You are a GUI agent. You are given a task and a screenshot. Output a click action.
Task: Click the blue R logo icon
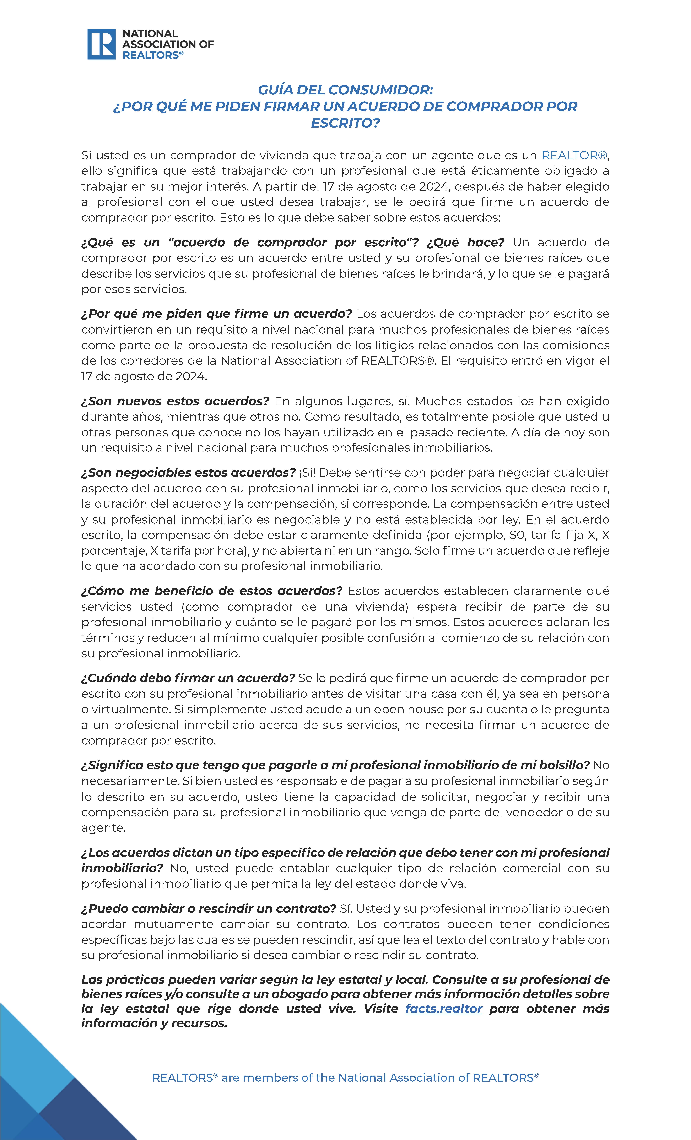(101, 44)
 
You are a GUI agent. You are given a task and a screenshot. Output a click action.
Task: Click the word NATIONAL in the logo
(150, 34)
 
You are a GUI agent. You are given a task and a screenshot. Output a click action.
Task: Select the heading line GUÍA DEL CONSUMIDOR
(345, 89)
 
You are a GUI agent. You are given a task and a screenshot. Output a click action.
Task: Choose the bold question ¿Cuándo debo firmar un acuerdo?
(188, 678)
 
